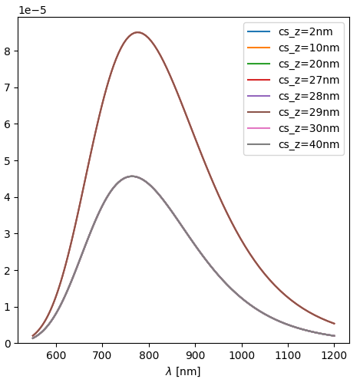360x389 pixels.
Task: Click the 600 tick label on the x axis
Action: coord(56,355)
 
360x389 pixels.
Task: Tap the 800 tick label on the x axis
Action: coord(149,355)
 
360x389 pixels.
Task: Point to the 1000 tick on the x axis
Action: coord(242,355)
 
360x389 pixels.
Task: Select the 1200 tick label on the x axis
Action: coord(334,355)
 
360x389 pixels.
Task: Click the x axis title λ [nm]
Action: coord(183,371)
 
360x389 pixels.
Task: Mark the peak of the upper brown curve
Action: coord(137,32)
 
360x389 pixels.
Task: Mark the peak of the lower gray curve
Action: coord(131,176)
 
